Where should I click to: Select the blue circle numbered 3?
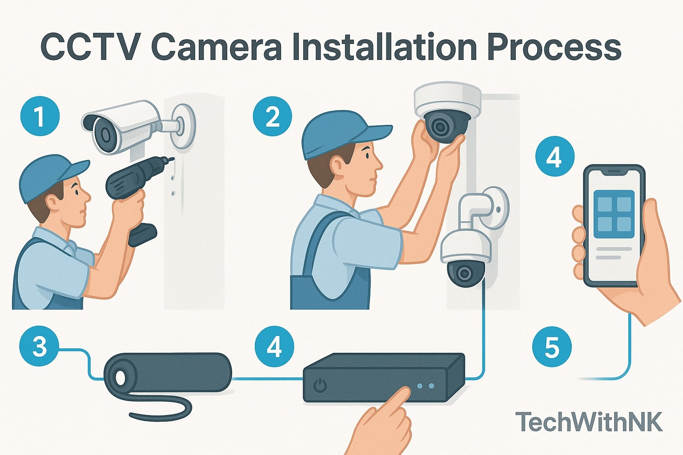coord(39,347)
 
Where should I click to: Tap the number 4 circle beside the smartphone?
coord(554,156)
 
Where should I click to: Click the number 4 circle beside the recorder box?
coord(274,347)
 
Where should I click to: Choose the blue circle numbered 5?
coord(551,347)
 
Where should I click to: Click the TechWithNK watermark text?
coord(589,422)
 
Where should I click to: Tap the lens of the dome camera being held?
coord(441,127)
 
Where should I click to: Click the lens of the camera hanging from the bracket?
coord(465,272)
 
